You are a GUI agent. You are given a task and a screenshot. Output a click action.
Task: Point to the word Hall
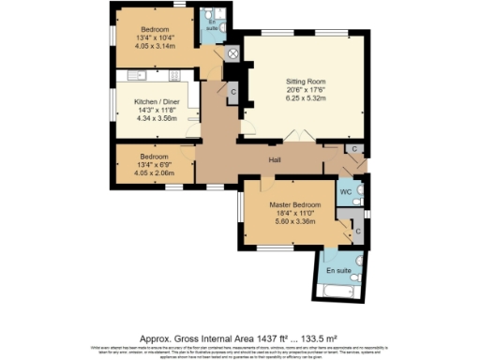click(275, 160)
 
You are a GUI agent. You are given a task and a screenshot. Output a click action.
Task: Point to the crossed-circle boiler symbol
click(231, 54)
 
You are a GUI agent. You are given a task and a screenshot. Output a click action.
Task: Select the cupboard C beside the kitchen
click(232, 91)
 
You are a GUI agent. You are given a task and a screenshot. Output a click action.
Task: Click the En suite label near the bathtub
click(338, 270)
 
